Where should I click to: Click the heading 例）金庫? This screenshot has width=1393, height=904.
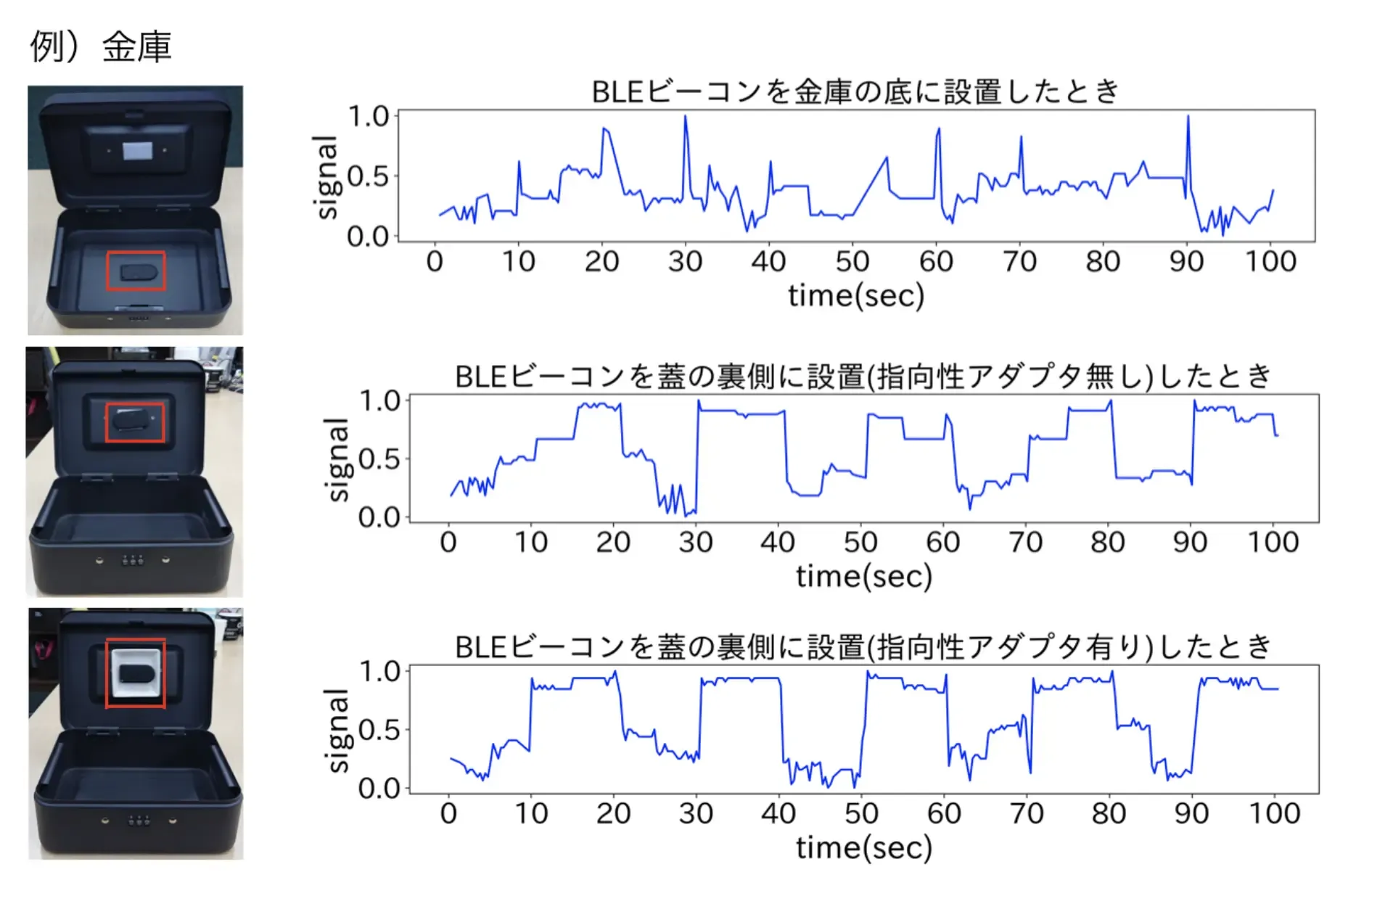(x=100, y=47)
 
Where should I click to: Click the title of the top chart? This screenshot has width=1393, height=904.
(x=855, y=92)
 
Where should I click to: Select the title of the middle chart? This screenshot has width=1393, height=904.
(x=863, y=377)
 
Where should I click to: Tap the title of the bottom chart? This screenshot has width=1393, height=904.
(x=863, y=646)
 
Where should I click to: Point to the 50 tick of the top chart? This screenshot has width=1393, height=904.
(x=852, y=261)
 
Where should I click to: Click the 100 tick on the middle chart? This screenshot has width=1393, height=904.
(x=1273, y=542)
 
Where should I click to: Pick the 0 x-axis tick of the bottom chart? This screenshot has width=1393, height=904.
(x=448, y=813)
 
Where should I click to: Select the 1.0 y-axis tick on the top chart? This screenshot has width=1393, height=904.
(x=369, y=116)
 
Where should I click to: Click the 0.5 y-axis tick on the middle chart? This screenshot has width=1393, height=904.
(x=379, y=459)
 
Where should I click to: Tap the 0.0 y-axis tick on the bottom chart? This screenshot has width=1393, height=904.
(x=379, y=788)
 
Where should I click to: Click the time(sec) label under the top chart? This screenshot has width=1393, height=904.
(x=856, y=296)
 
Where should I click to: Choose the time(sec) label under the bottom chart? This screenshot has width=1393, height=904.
(x=863, y=847)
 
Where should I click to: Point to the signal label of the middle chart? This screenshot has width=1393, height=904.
(x=338, y=460)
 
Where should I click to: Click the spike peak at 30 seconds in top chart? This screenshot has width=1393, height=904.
(x=685, y=117)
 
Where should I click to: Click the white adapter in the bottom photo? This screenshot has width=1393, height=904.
(x=136, y=673)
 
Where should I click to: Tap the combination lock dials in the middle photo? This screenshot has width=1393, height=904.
(x=133, y=560)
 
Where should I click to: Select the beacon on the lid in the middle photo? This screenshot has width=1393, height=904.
(x=134, y=422)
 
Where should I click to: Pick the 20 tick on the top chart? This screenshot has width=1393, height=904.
(x=601, y=261)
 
